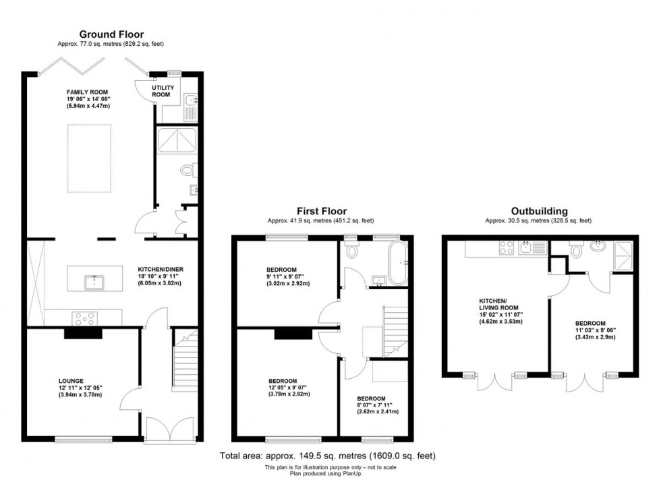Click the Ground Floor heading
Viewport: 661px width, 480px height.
pos(111,34)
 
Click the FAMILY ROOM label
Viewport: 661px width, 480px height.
pos(87,92)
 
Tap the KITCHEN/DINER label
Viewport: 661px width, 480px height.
pos(161,269)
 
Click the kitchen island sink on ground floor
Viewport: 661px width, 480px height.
pos(94,281)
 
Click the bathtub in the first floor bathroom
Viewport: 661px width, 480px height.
pos(396,262)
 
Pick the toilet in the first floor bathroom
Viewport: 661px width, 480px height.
pos(351,250)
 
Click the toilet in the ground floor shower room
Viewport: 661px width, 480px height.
pos(188,171)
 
